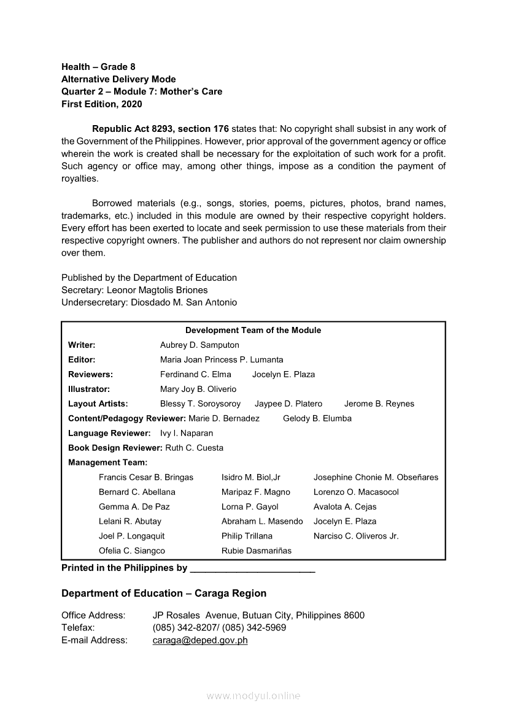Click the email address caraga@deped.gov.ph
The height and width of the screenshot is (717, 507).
200,640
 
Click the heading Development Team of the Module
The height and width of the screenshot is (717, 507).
253,330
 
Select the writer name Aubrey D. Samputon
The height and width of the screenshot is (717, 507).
199,345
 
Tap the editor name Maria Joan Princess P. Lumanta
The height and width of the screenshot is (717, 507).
222,359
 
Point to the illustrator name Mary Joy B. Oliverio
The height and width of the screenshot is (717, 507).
198,389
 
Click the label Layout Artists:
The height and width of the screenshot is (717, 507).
98,404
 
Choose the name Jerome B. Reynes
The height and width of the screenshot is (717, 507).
379,404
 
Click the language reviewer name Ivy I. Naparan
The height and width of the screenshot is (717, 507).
187,433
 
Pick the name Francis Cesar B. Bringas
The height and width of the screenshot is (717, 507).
146,477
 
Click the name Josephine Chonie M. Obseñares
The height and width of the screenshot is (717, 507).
376,477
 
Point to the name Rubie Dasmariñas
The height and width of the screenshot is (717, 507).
257,551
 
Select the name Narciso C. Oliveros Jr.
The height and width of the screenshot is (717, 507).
356,536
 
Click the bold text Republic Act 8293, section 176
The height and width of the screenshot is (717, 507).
160,129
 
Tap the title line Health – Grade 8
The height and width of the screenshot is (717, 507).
98,66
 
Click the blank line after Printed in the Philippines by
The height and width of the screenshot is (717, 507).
253,569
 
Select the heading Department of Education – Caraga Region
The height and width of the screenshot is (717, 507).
164,593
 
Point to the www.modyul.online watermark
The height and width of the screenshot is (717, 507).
253,696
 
